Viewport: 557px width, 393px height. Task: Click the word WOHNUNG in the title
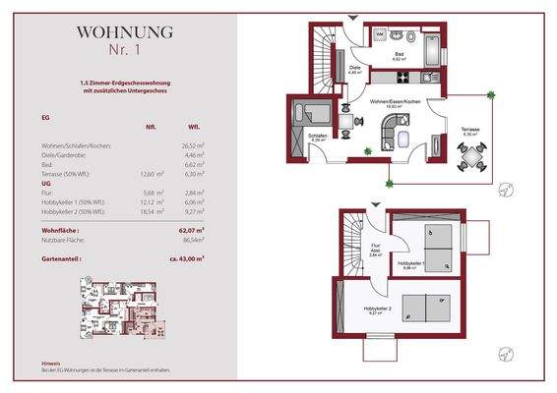125,31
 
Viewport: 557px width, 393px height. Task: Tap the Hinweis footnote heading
50,362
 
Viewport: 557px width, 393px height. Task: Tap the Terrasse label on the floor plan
469,128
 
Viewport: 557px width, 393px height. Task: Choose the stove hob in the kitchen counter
430,76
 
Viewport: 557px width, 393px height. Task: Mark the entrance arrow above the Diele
352,21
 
